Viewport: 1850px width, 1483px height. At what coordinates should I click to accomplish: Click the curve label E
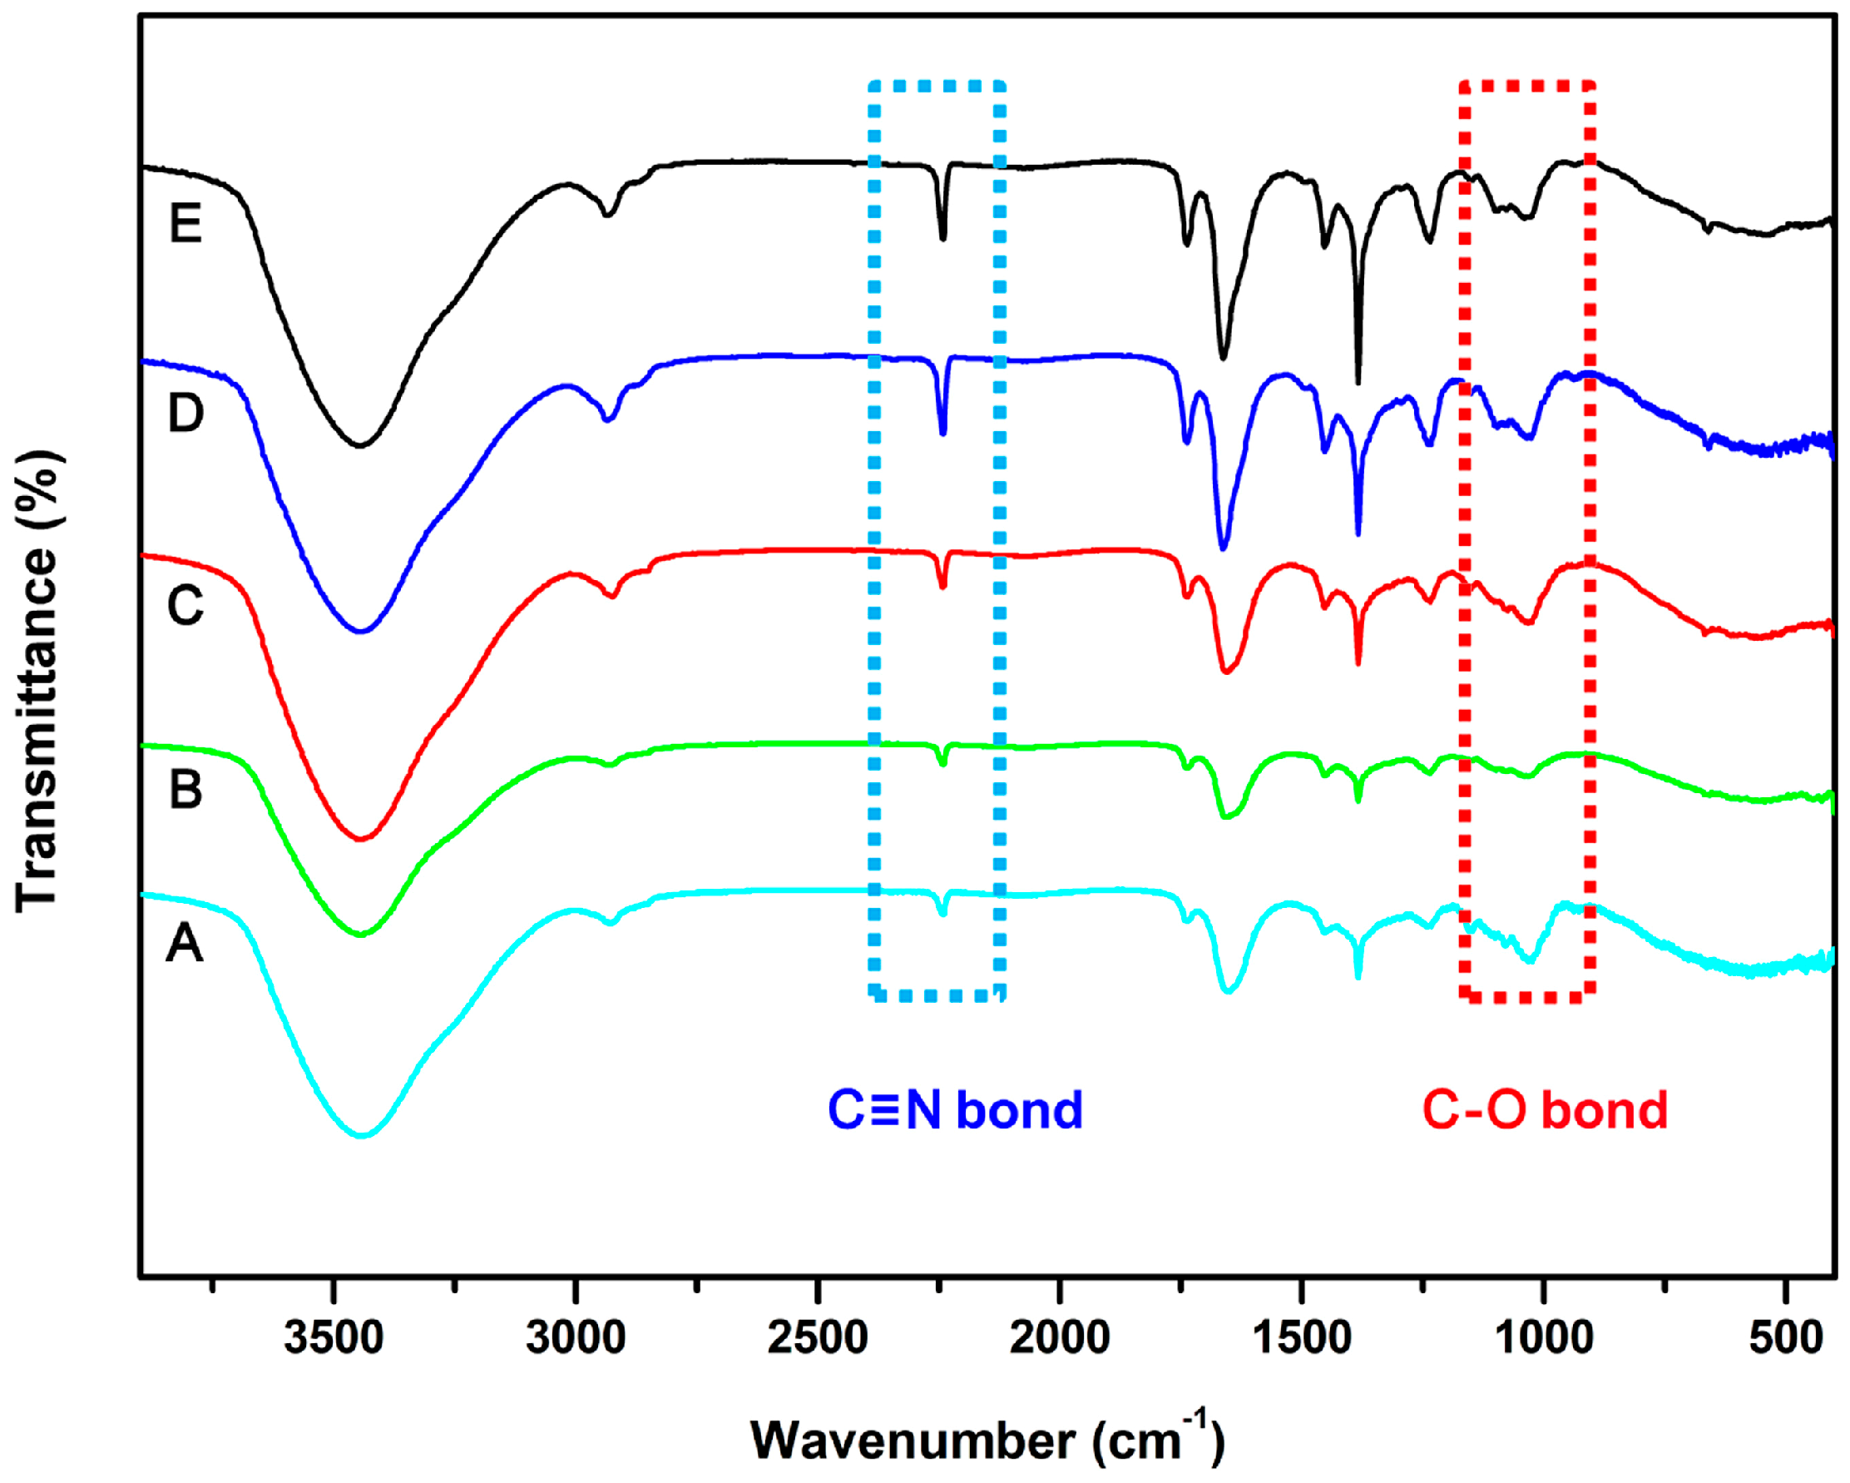tap(185, 224)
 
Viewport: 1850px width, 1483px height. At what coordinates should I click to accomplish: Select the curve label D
tap(185, 413)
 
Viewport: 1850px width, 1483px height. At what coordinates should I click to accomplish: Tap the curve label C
tap(185, 605)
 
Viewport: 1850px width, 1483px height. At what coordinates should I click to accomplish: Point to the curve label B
tap(185, 789)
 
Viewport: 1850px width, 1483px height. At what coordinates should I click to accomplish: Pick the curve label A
tap(185, 944)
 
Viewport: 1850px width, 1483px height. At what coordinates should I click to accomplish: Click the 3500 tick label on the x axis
tap(334, 1338)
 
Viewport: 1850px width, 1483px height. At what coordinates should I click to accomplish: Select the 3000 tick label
tap(576, 1338)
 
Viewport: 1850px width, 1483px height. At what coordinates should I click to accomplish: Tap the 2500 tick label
tap(818, 1338)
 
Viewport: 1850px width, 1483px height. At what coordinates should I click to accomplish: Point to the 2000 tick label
tap(1060, 1338)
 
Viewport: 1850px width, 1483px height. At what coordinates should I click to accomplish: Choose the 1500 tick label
tap(1303, 1338)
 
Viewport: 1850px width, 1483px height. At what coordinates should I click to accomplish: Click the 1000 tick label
tap(1545, 1338)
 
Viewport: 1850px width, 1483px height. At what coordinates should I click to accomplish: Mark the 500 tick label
tap(1787, 1338)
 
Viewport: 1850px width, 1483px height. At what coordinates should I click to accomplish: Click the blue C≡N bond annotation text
tap(955, 1110)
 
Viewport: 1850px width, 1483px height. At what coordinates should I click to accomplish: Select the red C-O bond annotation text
tap(1545, 1110)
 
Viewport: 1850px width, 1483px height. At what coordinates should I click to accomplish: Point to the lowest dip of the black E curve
tap(360, 445)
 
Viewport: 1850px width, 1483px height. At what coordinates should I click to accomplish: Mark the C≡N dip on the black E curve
tap(943, 238)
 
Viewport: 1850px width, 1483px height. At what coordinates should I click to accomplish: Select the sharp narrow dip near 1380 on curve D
tap(1358, 533)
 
